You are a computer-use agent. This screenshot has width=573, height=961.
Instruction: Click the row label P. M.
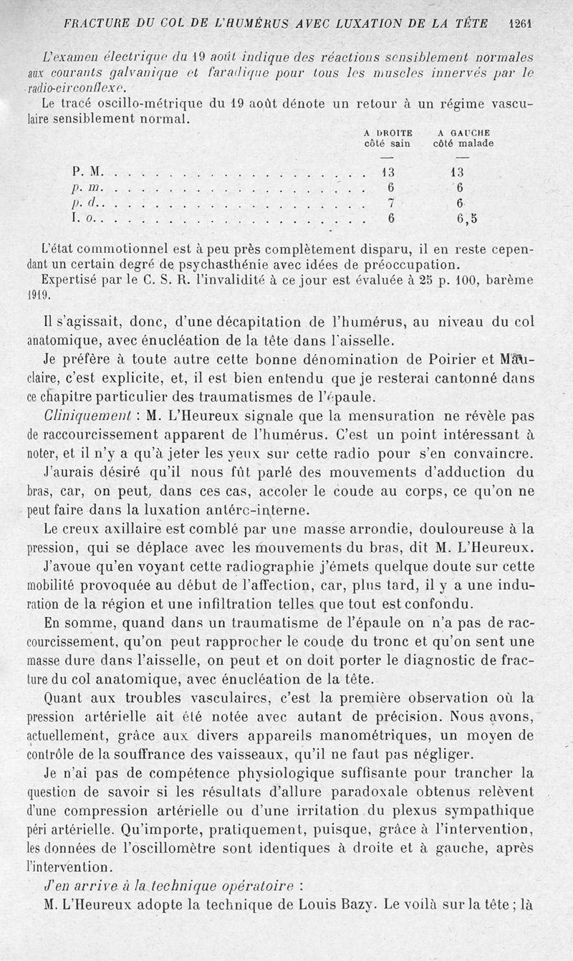tap(88, 172)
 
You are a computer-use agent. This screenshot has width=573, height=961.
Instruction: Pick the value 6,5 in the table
tap(467, 220)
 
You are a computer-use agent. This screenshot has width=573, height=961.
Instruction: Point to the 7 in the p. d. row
tap(391, 204)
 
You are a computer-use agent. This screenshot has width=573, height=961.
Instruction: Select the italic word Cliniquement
tap(77, 416)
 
